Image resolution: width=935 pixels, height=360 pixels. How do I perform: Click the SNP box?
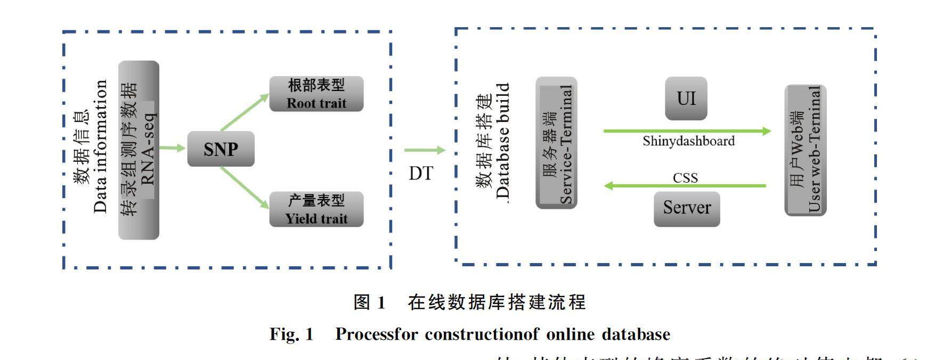click(221, 149)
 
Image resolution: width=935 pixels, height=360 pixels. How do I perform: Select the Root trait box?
click(316, 94)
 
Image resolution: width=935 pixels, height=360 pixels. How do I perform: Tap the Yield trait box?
click(316, 209)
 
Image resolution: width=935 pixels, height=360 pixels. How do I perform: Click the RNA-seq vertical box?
click(139, 150)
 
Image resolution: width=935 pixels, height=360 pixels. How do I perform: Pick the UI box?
click(686, 99)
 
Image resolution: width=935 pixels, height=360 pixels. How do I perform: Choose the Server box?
click(687, 208)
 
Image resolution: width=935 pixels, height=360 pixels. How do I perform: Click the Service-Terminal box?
click(556, 143)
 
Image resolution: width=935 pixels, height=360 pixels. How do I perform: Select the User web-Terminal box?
click(806, 150)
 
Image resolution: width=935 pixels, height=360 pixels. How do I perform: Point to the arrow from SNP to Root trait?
click(245, 112)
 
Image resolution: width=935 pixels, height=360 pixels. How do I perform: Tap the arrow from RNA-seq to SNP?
click(172, 148)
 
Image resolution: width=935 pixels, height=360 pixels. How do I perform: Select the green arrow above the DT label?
click(424, 150)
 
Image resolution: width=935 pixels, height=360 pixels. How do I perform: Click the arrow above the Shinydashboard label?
click(687, 130)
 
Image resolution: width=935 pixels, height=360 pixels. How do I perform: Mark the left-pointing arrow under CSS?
click(685, 186)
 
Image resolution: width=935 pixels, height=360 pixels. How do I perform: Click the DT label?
click(421, 173)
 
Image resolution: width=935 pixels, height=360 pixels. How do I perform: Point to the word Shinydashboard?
click(688, 141)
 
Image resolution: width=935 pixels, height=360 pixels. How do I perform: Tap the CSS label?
click(685, 177)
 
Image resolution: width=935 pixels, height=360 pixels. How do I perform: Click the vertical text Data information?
click(100, 146)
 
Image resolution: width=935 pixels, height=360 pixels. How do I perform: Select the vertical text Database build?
click(502, 141)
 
